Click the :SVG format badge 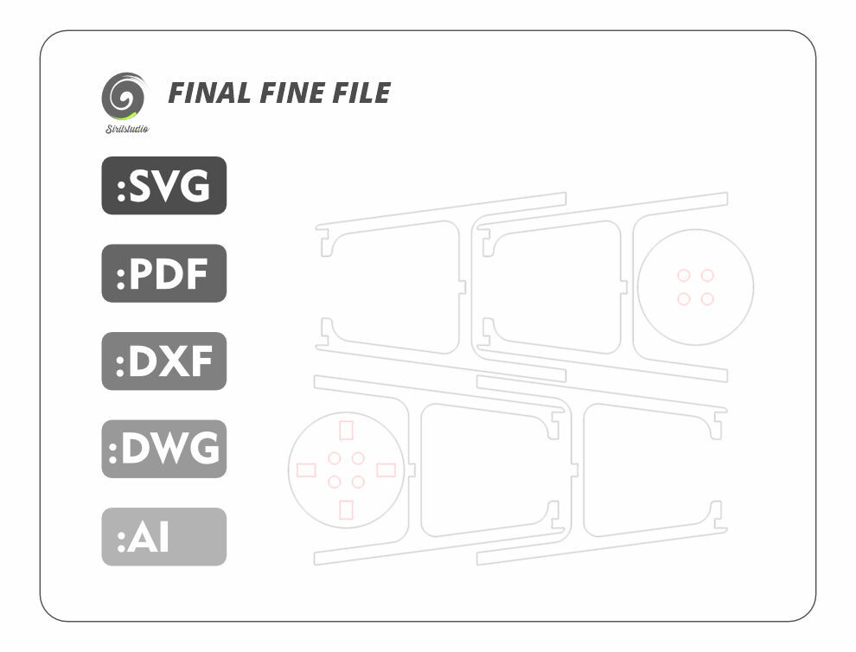pyautogui.click(x=163, y=186)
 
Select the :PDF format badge pyautogui.click(x=163, y=273)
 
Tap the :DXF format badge pyautogui.click(x=163, y=361)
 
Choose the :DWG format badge pyautogui.click(x=163, y=449)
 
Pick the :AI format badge pyautogui.click(x=163, y=537)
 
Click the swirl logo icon pyautogui.click(x=125, y=96)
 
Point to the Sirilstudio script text pyautogui.click(x=127, y=129)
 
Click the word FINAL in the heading pyautogui.click(x=209, y=93)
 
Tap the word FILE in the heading pyautogui.click(x=361, y=93)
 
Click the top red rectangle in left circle pyautogui.click(x=346, y=431)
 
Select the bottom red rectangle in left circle pyautogui.click(x=346, y=510)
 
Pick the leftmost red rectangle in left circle pyautogui.click(x=306, y=470)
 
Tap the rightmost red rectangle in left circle pyautogui.click(x=386, y=470)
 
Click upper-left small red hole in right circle pyautogui.click(x=683, y=275)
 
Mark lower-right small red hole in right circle pyautogui.click(x=707, y=299)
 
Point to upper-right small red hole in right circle pyautogui.click(x=707, y=275)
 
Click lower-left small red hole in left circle pyautogui.click(x=335, y=482)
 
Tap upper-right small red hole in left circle pyautogui.click(x=358, y=458)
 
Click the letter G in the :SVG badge pyautogui.click(x=195, y=186)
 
